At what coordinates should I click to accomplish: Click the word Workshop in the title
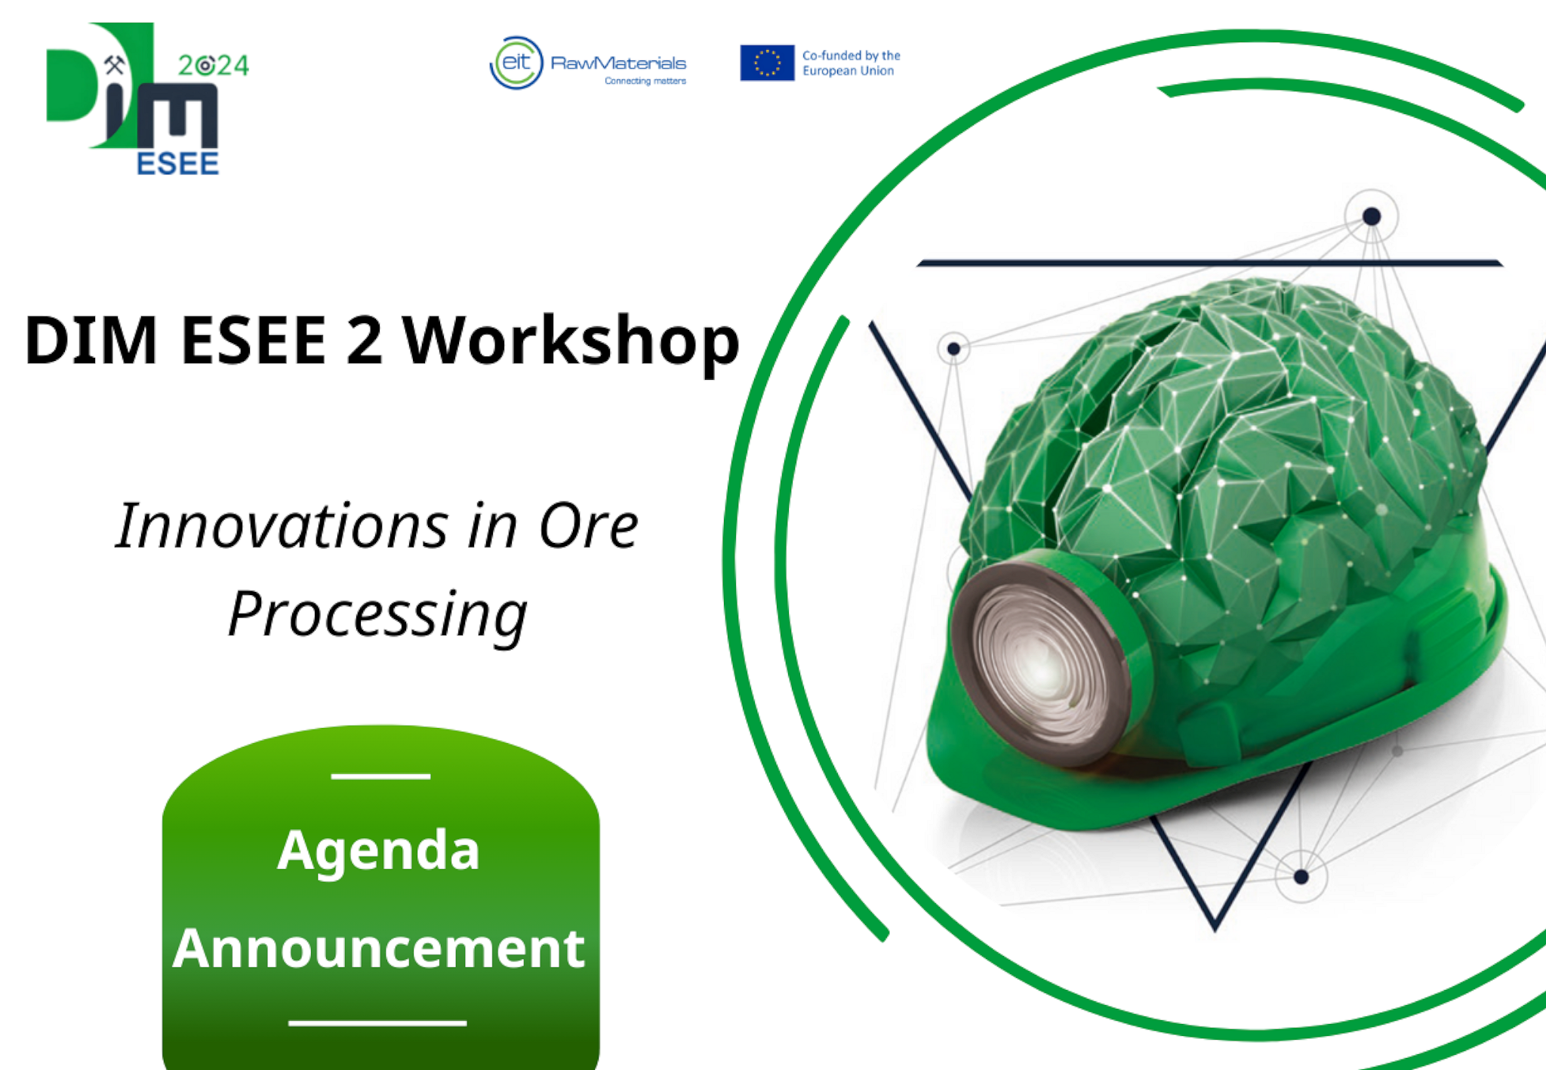point(571,341)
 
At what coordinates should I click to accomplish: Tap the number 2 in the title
point(365,340)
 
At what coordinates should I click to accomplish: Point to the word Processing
point(377,615)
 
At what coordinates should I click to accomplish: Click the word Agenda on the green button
point(378,852)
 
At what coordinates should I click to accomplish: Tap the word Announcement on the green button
point(379,948)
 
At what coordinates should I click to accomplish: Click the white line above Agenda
point(380,776)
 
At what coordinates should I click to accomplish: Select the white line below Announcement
point(377,1023)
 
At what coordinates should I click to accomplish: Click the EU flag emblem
point(767,63)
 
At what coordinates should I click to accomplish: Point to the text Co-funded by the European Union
point(851,63)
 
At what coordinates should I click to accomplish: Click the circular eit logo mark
point(516,63)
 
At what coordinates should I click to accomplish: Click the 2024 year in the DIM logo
point(214,66)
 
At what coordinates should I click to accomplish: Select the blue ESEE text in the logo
point(178,163)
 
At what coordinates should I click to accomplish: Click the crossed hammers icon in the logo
point(114,65)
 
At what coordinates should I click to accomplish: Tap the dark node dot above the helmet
point(1372,217)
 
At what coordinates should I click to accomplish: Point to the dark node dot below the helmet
point(1301,877)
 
